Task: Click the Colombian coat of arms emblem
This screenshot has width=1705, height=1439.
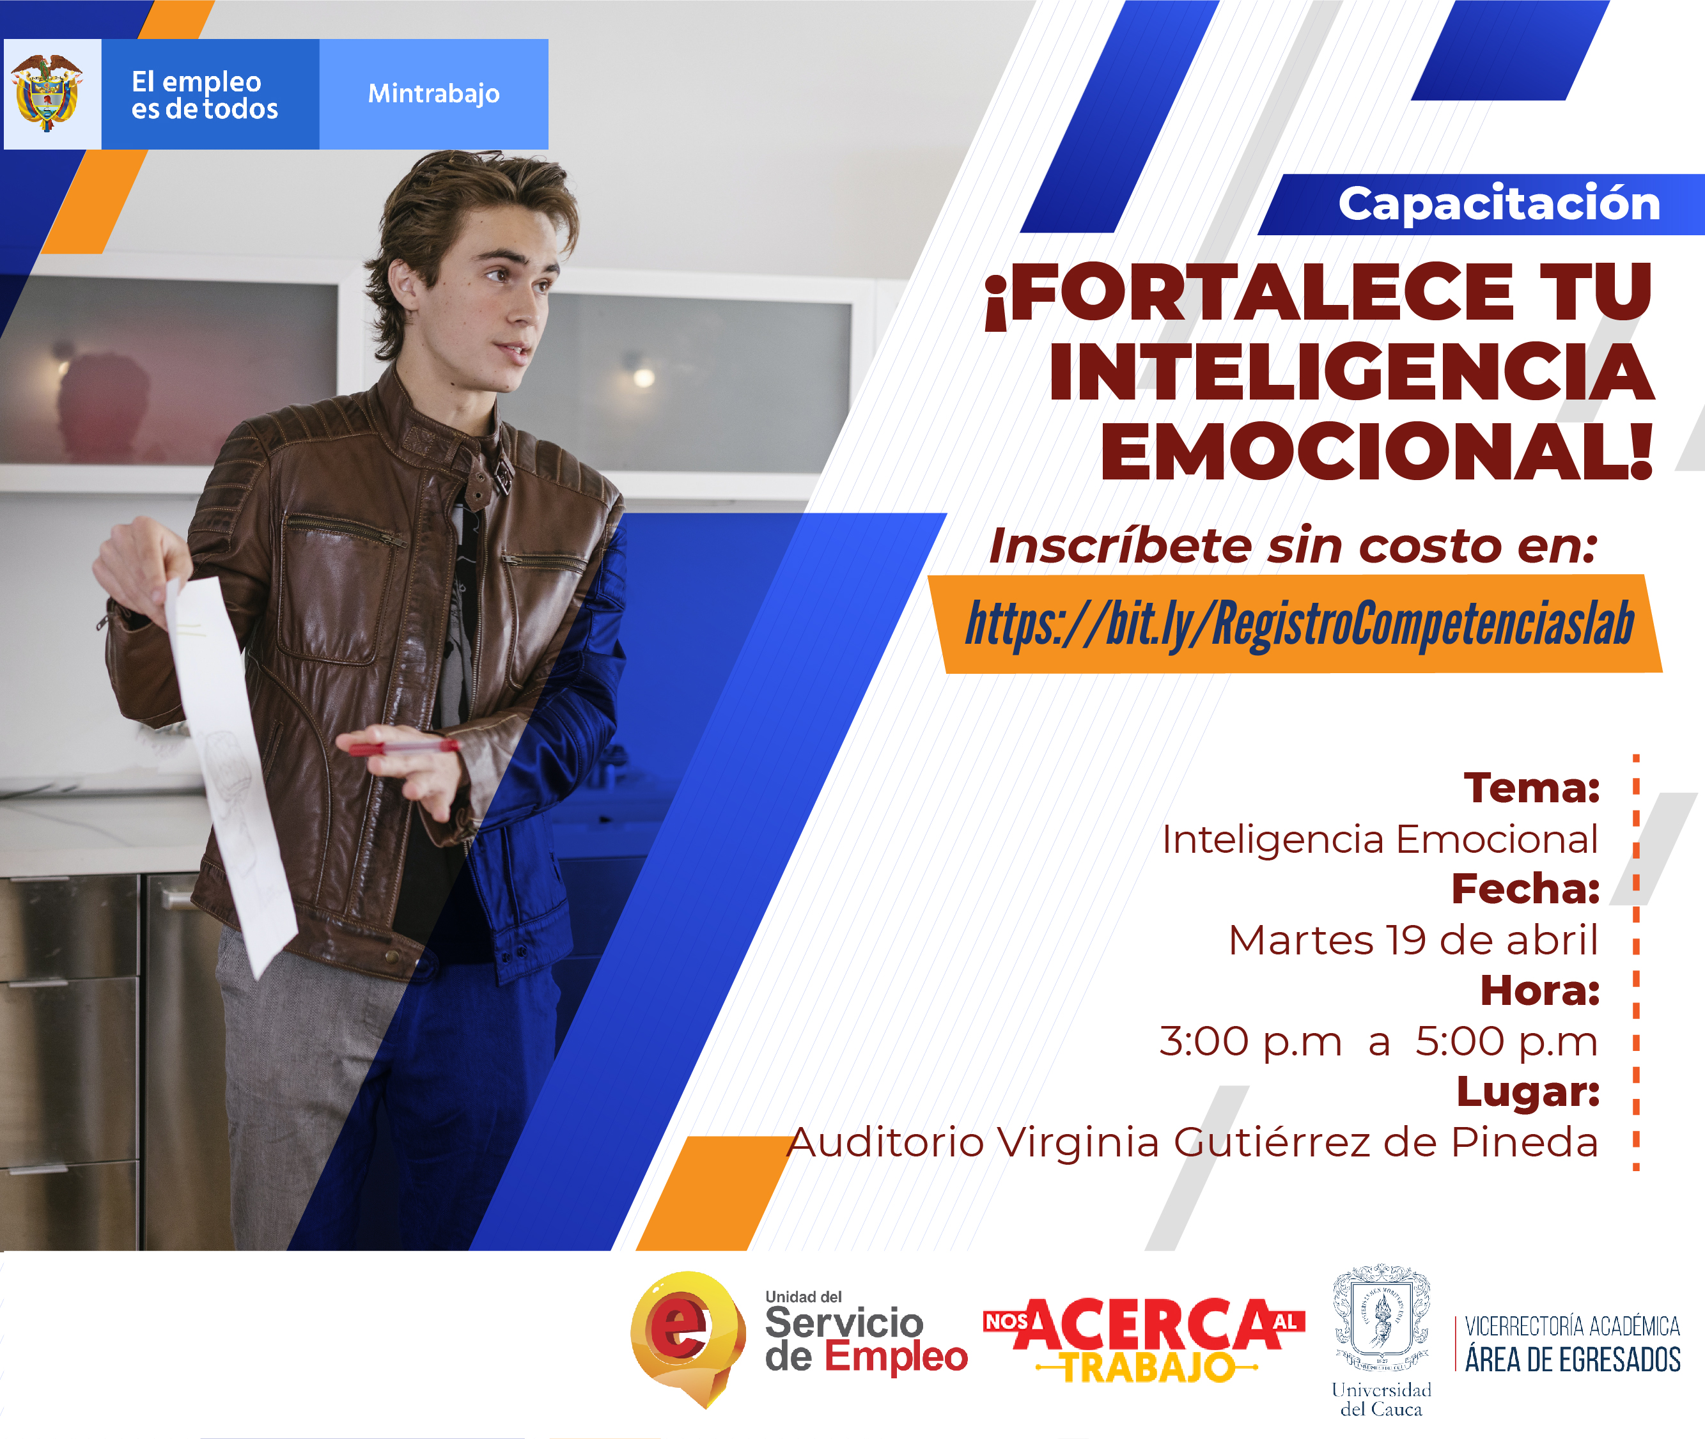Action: pyautogui.click(x=47, y=93)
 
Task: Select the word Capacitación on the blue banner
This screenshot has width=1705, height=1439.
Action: pyautogui.click(x=1499, y=203)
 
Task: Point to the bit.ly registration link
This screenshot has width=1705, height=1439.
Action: pyautogui.click(x=1300, y=624)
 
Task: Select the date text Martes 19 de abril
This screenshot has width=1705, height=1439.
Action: pyautogui.click(x=1413, y=940)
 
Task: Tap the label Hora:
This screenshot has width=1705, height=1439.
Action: pyautogui.click(x=1540, y=990)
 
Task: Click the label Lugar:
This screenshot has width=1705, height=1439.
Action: pyautogui.click(x=1528, y=1093)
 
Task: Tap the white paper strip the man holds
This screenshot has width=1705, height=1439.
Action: pyautogui.click(x=230, y=775)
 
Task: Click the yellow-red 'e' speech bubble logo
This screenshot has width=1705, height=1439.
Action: pyautogui.click(x=688, y=1336)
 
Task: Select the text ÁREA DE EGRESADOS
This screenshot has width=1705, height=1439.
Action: pyautogui.click(x=1572, y=1360)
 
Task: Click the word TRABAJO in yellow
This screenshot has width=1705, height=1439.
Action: pyautogui.click(x=1148, y=1368)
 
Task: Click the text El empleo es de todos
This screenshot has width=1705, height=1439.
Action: pyautogui.click(x=204, y=95)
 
